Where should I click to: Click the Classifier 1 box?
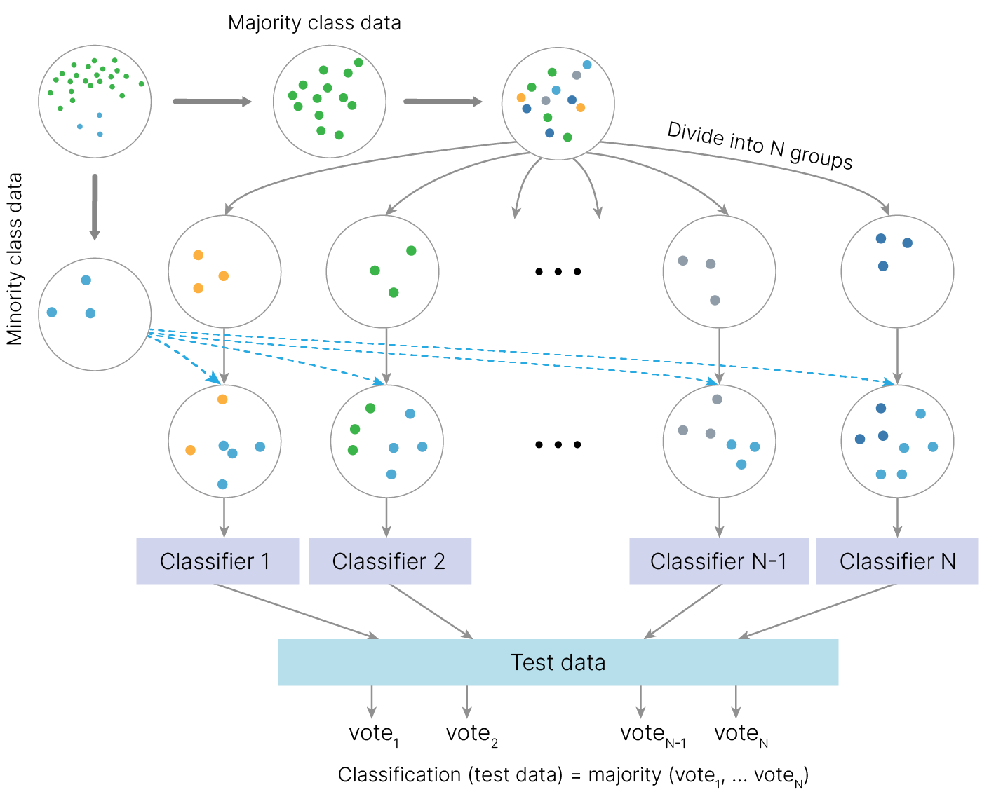pos(217,561)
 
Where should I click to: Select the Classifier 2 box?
pos(390,561)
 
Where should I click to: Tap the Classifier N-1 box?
pos(719,561)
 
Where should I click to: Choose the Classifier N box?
pos(897,561)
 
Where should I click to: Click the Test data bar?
pos(558,662)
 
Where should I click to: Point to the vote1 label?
pos(373,734)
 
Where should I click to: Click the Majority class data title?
pos(314,23)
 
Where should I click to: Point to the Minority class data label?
pos(15,259)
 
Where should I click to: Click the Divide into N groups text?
pos(760,145)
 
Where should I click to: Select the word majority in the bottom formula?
pos(624,774)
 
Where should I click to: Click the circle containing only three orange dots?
pos(224,271)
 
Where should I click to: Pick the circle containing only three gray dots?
pos(719,271)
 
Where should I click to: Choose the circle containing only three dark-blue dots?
pos(897,271)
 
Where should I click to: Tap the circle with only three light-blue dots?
pos(95,314)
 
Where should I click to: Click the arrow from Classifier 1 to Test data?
pos(295,610)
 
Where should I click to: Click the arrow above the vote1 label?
pos(372,701)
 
